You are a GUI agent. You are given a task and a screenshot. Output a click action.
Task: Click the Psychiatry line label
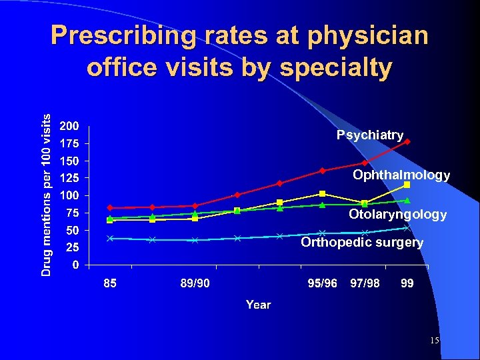[x=370, y=135]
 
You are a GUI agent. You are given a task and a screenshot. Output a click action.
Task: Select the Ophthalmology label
[x=401, y=175]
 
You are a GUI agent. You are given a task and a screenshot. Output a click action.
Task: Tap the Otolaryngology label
[x=397, y=215]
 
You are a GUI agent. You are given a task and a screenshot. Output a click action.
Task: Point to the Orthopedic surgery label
[x=361, y=242]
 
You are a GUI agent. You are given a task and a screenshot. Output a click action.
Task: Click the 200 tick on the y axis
[x=69, y=126]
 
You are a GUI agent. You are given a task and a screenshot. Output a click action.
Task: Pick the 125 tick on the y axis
[x=69, y=178]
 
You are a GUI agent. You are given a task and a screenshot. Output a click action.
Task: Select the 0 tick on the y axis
[x=76, y=265]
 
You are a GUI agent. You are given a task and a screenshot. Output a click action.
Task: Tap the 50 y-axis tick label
[x=73, y=230]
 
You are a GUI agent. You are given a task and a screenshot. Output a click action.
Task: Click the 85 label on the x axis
[x=110, y=283]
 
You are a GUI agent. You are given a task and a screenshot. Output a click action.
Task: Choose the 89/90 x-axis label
[x=195, y=283]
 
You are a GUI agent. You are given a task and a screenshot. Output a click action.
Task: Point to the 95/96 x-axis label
[x=322, y=283]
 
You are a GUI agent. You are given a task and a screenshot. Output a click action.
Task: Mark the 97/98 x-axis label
[x=365, y=283]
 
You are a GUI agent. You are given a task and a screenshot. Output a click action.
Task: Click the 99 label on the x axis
[x=407, y=283]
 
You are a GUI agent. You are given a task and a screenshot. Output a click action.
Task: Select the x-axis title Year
[x=258, y=305]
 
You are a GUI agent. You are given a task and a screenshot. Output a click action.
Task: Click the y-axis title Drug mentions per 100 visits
[x=45, y=194]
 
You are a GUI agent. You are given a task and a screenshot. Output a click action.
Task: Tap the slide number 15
[x=434, y=341]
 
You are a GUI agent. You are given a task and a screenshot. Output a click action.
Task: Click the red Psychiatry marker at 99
[x=407, y=142]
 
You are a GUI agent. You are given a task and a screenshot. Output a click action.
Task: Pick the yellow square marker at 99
[x=407, y=185]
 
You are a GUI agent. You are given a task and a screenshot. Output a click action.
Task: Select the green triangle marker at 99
[x=407, y=200]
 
